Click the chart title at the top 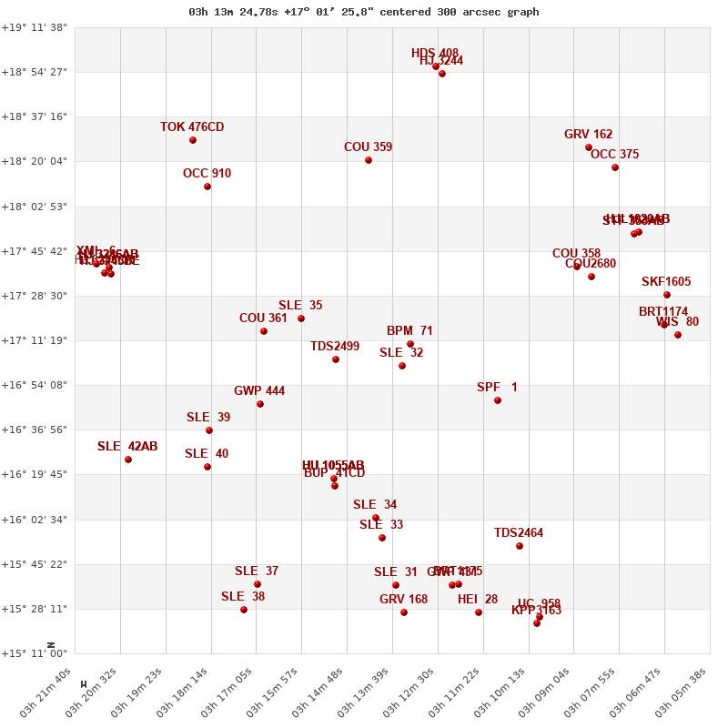coord(364,12)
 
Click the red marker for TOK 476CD coord(193,140)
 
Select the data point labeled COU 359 coord(369,160)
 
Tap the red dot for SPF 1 coord(498,400)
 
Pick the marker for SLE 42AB coord(128,460)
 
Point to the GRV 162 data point coord(589,147)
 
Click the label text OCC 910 coord(207,173)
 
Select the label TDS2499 coord(335,346)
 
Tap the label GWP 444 coord(259,391)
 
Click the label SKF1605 coord(666,281)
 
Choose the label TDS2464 coord(519,533)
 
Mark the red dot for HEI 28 coord(479,612)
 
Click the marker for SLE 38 coord(244,610)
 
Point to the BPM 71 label coord(409,331)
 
